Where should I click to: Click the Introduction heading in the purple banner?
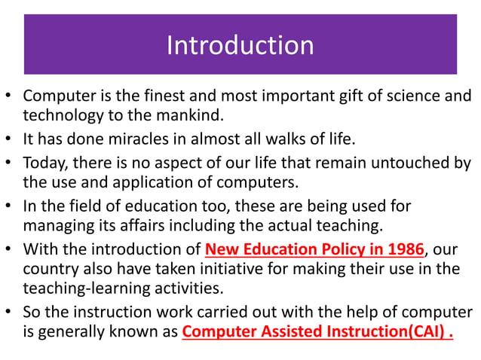click(x=240, y=45)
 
